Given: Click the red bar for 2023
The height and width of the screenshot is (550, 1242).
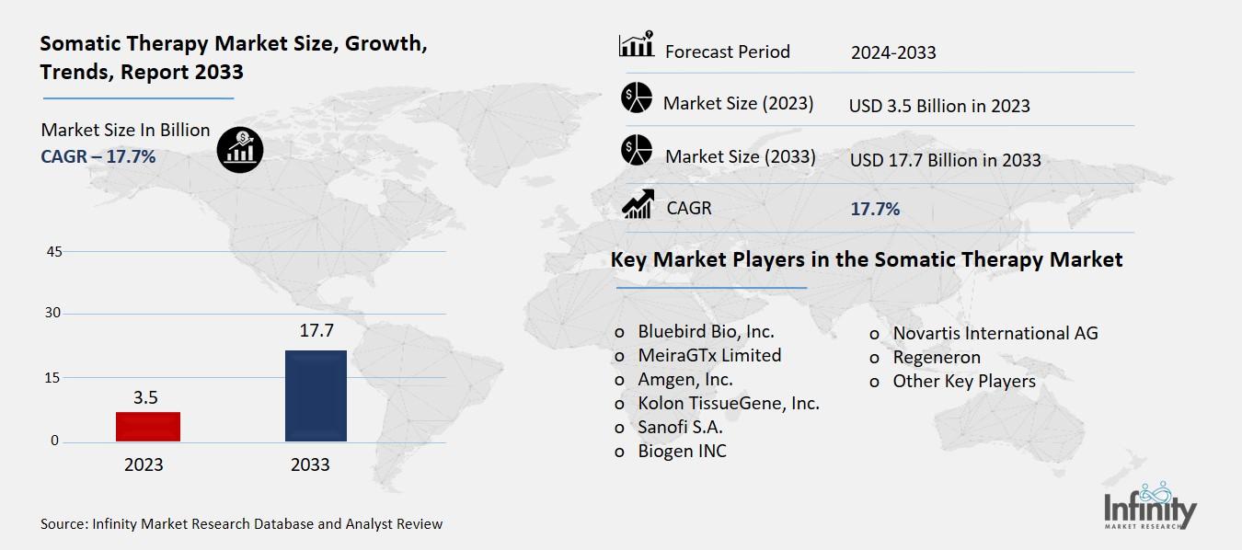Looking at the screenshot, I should [147, 427].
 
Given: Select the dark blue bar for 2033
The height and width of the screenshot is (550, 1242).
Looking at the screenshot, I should [316, 395].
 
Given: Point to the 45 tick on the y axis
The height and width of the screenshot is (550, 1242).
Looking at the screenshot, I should [53, 252].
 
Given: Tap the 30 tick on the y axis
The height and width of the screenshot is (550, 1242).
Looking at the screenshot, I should [53, 314].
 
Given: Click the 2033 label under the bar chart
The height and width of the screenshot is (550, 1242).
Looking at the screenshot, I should [310, 464].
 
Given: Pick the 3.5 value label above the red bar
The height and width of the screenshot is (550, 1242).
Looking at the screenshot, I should [145, 397].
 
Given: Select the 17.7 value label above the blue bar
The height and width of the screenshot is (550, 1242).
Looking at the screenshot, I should [316, 331].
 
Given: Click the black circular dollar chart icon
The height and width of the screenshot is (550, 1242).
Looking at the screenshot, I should [240, 149].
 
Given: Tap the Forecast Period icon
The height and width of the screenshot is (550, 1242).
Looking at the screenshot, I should [636, 45].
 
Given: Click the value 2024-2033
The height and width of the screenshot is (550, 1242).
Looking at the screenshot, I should [893, 52].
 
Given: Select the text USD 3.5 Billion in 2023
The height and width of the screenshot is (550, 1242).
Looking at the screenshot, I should [939, 106].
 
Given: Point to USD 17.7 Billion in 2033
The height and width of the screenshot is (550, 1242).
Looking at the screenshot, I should [945, 160].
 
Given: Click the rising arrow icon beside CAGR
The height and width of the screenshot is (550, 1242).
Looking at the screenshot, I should [638, 204].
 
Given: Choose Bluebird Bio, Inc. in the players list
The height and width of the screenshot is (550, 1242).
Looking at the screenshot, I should [706, 331].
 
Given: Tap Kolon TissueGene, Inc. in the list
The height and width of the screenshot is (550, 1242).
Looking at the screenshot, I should [728, 403].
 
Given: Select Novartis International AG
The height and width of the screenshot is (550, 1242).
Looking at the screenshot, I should [995, 333].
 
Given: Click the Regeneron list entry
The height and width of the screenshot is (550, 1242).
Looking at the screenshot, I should [936, 357].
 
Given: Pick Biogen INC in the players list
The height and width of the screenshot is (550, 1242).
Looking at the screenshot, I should [682, 451].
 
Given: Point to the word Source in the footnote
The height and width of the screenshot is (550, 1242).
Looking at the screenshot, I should [63, 524].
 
